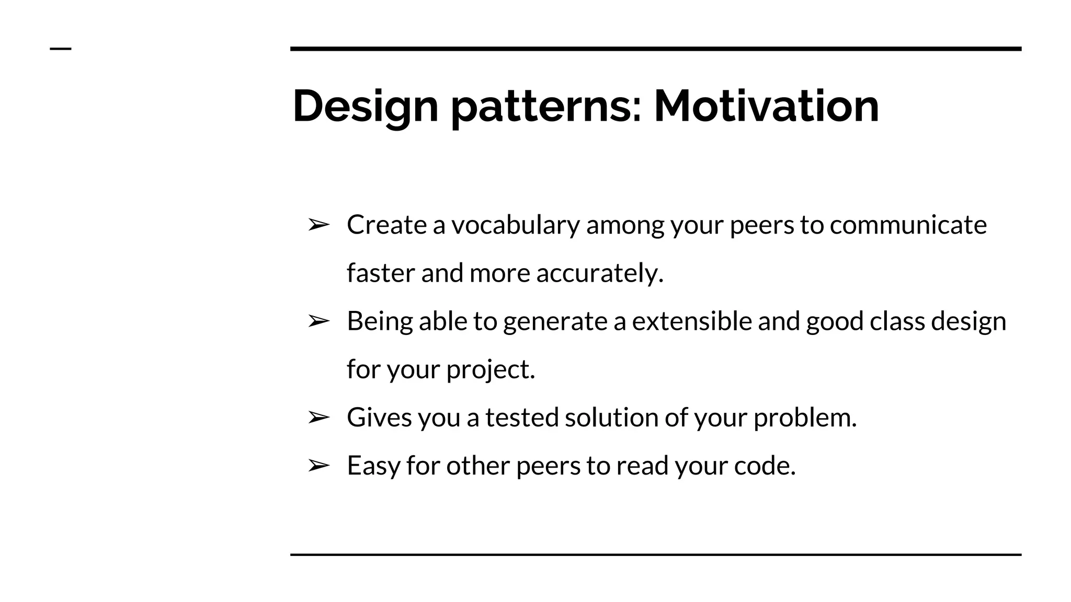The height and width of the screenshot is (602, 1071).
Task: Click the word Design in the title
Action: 365,107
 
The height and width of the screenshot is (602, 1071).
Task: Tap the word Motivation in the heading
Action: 766,107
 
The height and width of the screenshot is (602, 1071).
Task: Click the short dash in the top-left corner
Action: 61,49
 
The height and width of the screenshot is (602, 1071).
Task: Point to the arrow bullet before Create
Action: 318,225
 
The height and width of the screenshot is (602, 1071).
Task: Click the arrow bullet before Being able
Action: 318,321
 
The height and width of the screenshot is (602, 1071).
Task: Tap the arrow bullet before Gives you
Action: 318,417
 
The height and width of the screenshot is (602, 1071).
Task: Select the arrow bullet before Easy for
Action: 318,465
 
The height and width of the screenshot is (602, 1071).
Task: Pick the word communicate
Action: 908,225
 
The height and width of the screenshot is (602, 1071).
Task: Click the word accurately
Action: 599,273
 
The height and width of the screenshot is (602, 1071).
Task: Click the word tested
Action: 522,417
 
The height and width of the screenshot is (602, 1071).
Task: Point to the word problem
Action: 805,417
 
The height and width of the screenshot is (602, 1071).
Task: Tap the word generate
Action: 555,321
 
